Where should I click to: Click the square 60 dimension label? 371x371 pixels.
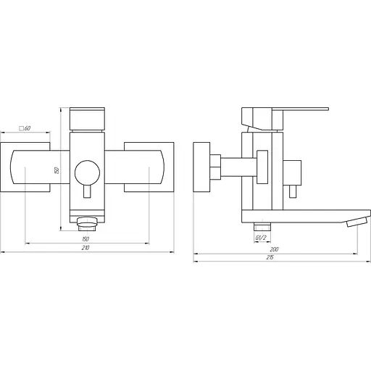25,128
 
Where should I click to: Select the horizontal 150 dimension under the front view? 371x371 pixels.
86,238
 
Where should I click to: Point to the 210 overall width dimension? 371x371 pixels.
86,248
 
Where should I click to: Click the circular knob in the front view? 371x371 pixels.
87,172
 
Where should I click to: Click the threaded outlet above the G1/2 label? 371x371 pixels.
259,225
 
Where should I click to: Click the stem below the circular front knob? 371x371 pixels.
87,192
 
